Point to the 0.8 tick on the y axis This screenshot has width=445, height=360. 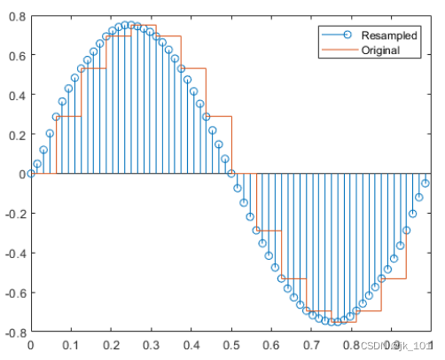pyautogui.click(x=15, y=15)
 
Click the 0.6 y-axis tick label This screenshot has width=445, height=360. pyautogui.click(x=15, y=55)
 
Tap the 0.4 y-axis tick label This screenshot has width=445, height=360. pyautogui.click(x=15, y=95)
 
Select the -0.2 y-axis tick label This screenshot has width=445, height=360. pyautogui.click(x=13, y=214)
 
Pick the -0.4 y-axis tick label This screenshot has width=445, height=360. pyautogui.click(x=13, y=254)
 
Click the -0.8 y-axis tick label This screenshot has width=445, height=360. pyautogui.click(x=13, y=333)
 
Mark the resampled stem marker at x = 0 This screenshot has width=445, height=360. pyautogui.click(x=31, y=174)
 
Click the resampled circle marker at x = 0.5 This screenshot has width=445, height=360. pyautogui.click(x=231, y=174)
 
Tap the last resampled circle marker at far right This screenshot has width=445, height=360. pyautogui.click(x=425, y=184)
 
